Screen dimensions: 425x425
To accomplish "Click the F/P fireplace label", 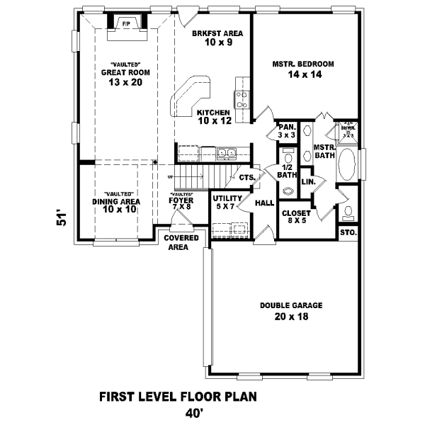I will (x=126, y=23).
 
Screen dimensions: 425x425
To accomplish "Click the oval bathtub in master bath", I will (x=348, y=166).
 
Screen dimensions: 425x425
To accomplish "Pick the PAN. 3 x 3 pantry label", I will (x=286, y=130).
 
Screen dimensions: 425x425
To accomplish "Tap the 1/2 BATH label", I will (x=287, y=170).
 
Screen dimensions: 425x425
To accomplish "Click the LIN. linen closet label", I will (x=308, y=182).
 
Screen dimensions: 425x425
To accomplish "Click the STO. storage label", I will (x=348, y=232).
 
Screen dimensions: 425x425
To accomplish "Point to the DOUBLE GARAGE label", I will (x=290, y=310).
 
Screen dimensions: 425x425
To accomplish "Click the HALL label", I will (x=264, y=203).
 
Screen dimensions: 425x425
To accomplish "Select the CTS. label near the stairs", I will (x=246, y=178).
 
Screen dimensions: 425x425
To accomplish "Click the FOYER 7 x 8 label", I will (x=181, y=203).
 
